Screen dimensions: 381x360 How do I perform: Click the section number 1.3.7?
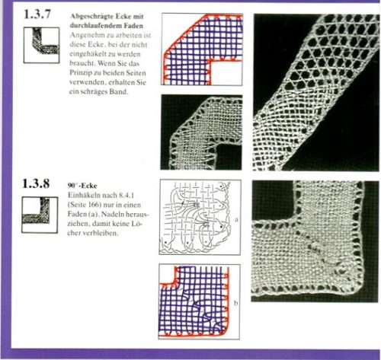pos(37,14)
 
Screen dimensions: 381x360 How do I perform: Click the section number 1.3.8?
pos(36,183)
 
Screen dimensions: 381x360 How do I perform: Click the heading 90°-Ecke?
pos(82,186)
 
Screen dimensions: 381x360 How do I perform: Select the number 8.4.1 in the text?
pos(126,196)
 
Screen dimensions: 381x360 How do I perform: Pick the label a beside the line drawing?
pos(236,220)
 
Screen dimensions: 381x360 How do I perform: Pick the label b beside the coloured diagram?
pos(236,303)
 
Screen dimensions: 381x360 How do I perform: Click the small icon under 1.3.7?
pos(42,45)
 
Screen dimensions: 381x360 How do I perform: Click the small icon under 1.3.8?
pos(40,215)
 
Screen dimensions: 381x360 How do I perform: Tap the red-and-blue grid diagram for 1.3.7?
pos(202,49)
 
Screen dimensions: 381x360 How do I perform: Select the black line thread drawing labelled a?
pos(200,217)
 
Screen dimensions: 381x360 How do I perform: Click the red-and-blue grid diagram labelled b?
pos(200,301)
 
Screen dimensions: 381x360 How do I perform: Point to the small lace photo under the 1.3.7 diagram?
pos(201,132)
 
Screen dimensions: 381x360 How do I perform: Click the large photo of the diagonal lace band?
pos(316,92)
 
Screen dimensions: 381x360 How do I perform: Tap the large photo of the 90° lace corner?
pos(315,241)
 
